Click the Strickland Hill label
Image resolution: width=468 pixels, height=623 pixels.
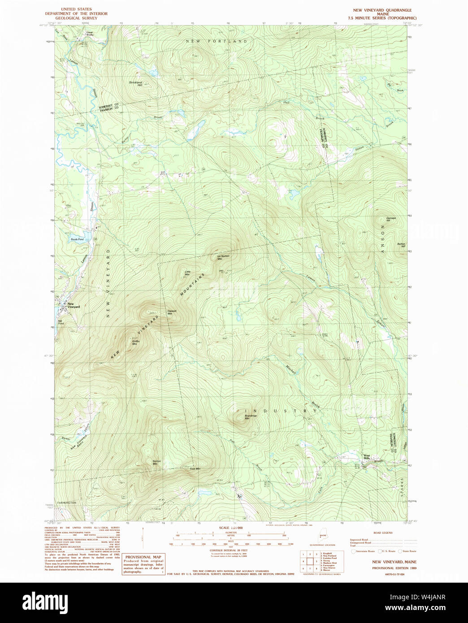(135, 83)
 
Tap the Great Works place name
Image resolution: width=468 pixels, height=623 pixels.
(90, 33)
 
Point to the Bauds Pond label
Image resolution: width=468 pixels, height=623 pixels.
(77, 239)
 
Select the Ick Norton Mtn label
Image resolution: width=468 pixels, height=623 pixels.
(223, 257)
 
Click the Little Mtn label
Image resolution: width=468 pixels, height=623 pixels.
(188, 272)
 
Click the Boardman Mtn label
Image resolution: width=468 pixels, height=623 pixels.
(251, 417)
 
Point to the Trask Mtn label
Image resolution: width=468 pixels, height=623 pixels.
(195, 469)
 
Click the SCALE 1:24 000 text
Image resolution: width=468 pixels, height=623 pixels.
(230, 528)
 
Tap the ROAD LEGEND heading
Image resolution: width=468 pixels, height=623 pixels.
(383, 532)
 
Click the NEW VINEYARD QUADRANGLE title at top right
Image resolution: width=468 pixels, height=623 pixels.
(382, 10)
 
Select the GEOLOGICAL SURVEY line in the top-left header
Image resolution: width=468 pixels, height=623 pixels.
(76, 18)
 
